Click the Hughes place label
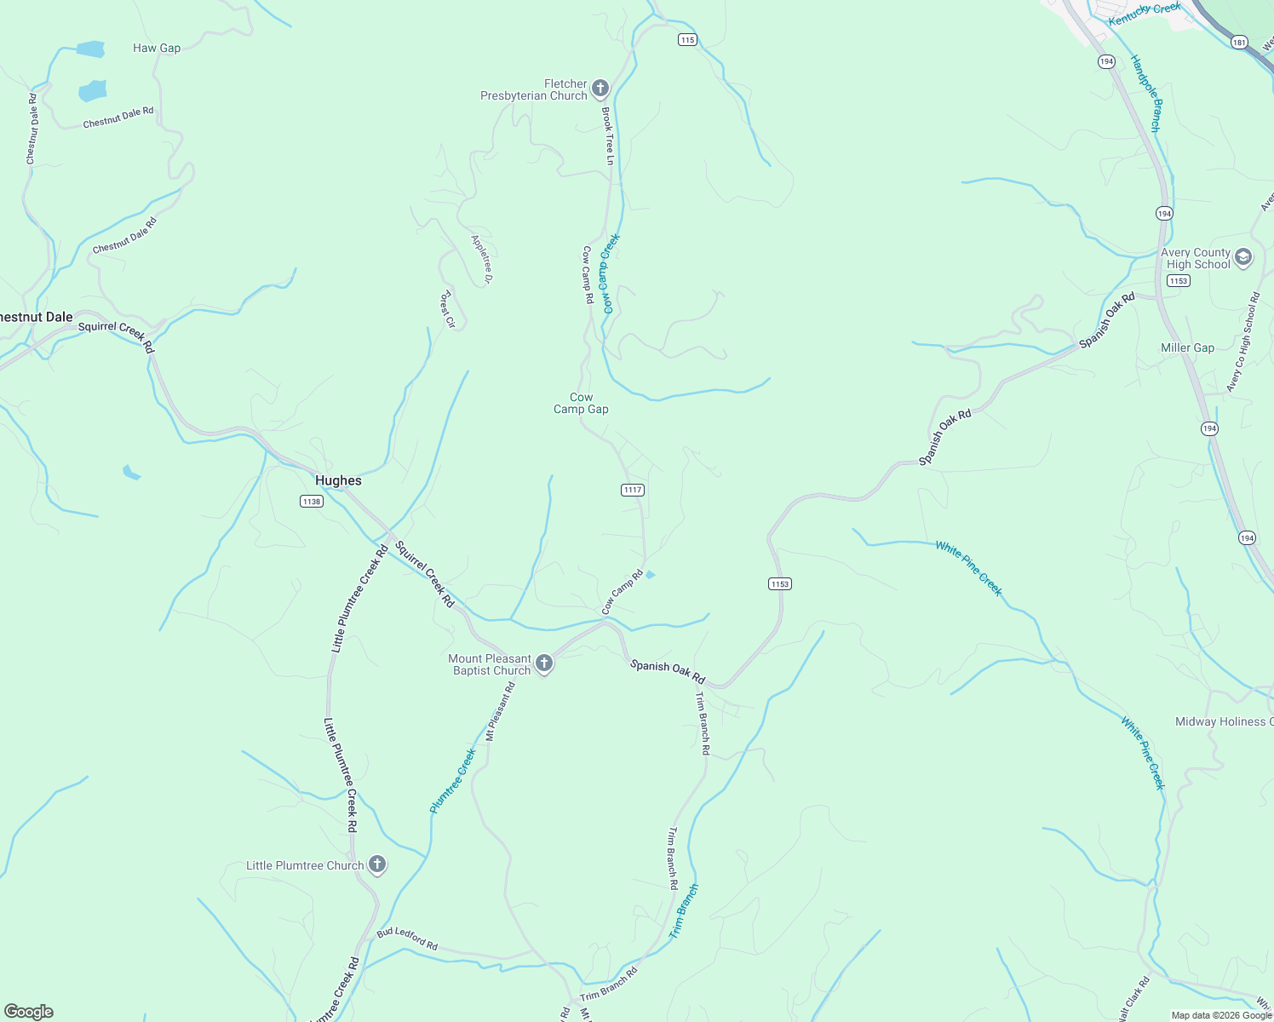338,480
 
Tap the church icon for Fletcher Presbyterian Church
600,89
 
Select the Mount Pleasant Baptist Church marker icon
544,663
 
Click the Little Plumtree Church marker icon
377,865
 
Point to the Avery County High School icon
1243,257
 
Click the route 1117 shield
633,490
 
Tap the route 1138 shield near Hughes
312,502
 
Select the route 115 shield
688,40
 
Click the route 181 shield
1239,42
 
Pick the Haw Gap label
157,48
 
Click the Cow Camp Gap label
581,403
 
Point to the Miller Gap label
1187,347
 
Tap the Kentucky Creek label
1145,13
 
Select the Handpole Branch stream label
1145,94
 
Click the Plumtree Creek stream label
452,781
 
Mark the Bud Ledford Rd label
407,939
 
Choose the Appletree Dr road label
482,259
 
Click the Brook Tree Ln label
608,136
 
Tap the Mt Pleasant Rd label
501,711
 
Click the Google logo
29,1012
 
